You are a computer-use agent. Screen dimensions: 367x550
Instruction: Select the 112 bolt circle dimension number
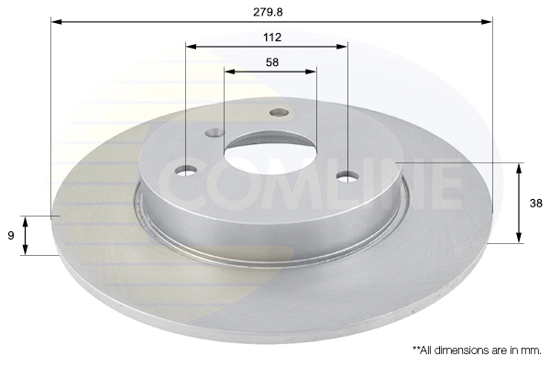click(x=271, y=38)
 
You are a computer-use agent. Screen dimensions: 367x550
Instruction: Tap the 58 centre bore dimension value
click(x=271, y=62)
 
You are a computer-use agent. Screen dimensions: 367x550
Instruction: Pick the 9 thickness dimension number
click(x=10, y=235)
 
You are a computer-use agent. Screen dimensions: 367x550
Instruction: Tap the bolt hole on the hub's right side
click(x=347, y=175)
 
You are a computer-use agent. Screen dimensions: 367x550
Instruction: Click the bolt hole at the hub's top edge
click(x=280, y=113)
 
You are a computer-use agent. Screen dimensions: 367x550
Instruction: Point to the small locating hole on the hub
click(x=214, y=132)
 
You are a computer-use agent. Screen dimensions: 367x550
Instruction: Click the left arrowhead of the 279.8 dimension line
click(x=55, y=19)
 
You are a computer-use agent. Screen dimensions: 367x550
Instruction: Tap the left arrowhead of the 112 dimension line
click(x=191, y=46)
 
